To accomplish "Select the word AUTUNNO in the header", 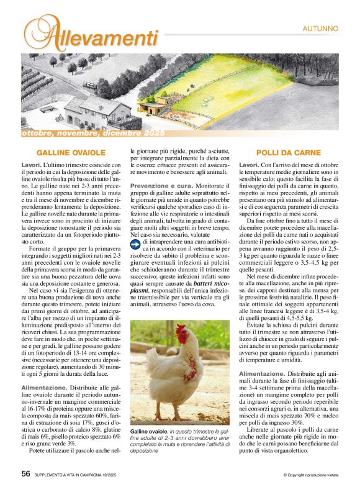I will [320, 28].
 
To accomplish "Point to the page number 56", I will [25, 473].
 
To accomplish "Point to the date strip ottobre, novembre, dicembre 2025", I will [93, 134].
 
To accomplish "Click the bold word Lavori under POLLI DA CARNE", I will [250, 165].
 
